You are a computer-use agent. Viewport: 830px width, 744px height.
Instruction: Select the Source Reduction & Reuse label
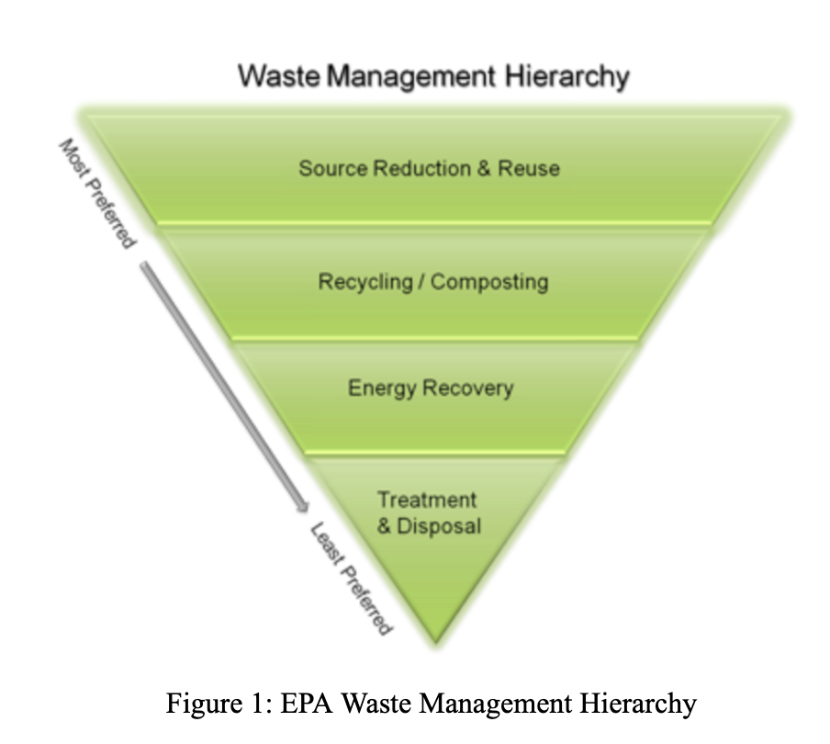(429, 169)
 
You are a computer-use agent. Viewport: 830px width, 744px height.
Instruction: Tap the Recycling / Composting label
(432, 281)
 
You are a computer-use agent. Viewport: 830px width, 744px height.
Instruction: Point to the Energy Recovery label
(431, 388)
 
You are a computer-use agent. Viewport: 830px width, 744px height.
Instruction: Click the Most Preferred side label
(97, 193)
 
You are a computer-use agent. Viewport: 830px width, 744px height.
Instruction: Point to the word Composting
(488, 281)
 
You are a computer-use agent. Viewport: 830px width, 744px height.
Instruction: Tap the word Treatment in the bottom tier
(427, 500)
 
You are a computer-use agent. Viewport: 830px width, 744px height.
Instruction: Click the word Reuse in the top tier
(529, 169)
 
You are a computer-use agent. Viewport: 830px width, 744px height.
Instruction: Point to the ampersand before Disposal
(384, 527)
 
